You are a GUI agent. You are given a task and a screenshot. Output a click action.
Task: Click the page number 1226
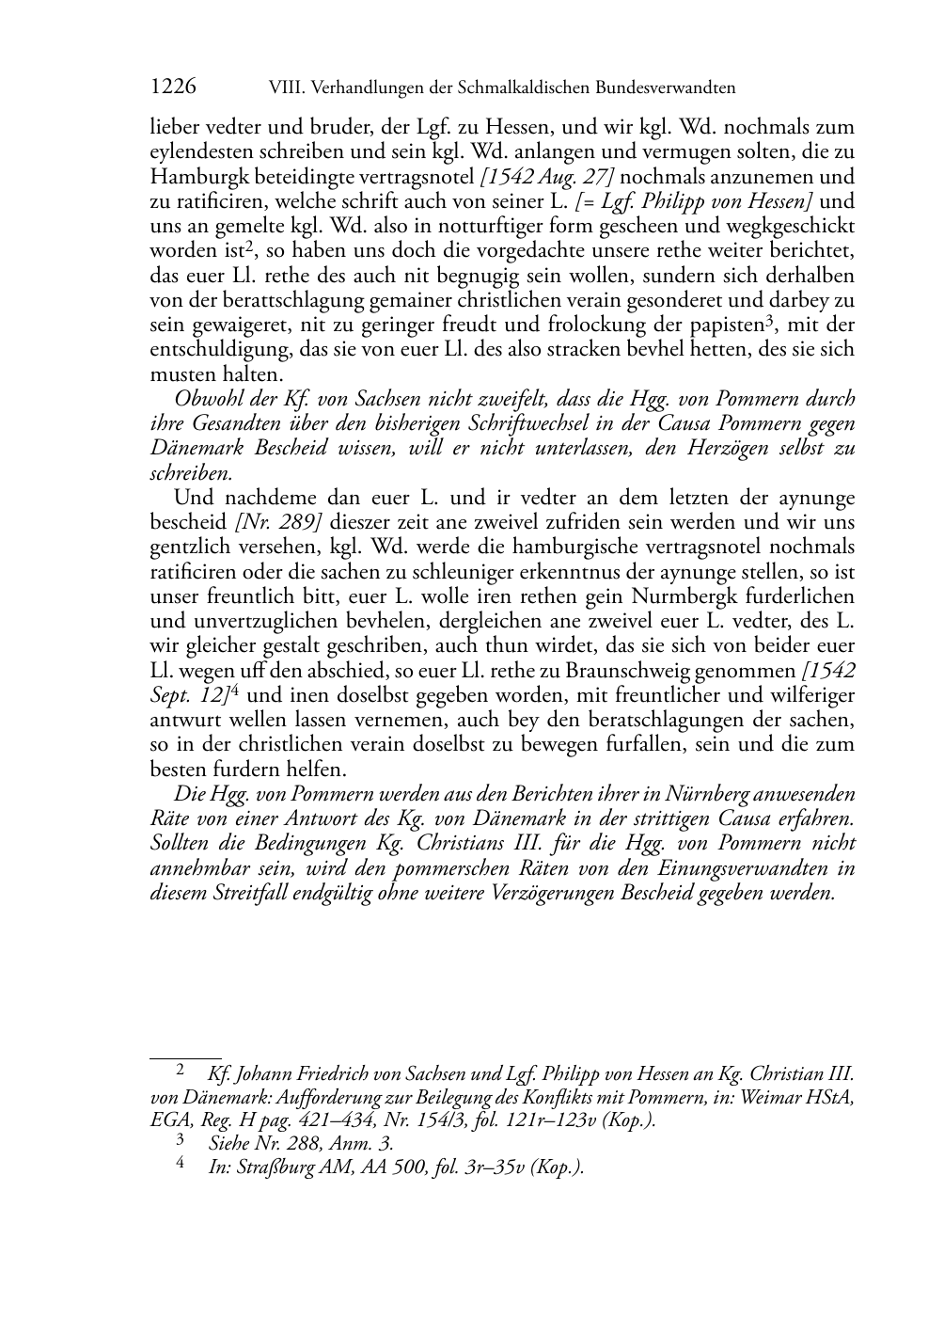click(173, 87)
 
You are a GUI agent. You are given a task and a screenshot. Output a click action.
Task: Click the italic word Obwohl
click(204, 398)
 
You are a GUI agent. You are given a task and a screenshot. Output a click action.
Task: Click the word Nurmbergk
click(689, 596)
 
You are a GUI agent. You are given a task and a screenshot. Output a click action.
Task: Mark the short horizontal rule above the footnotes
click(186, 1057)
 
